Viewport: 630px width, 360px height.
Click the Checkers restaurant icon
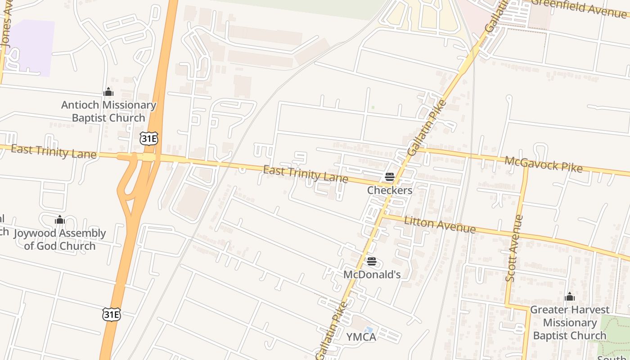pyautogui.click(x=390, y=177)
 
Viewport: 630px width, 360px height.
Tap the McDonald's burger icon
pyautogui.click(x=371, y=261)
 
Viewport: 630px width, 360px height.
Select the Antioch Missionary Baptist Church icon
pyautogui.click(x=108, y=92)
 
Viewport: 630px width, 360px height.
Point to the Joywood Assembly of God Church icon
pyautogui.click(x=59, y=220)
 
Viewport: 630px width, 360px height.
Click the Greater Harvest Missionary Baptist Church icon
pyautogui.click(x=570, y=297)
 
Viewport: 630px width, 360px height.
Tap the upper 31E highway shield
pyautogui.click(x=148, y=138)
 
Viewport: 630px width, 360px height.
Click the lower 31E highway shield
pyautogui.click(x=111, y=314)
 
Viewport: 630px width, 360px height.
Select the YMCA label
pyautogui.click(x=361, y=337)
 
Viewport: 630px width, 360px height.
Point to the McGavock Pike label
pyautogui.click(x=543, y=164)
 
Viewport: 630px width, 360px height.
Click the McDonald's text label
pyautogui.click(x=372, y=274)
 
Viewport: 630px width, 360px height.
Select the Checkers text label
pyautogui.click(x=390, y=190)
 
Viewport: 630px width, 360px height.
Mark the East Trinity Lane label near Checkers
pyautogui.click(x=305, y=174)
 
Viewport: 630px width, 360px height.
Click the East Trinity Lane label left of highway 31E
pyautogui.click(x=54, y=152)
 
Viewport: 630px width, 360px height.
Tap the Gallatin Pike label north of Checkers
pyautogui.click(x=427, y=128)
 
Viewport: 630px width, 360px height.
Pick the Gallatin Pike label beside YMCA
pyautogui.click(x=332, y=330)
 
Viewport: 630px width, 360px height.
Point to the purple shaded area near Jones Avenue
pyautogui.click(x=31, y=47)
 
